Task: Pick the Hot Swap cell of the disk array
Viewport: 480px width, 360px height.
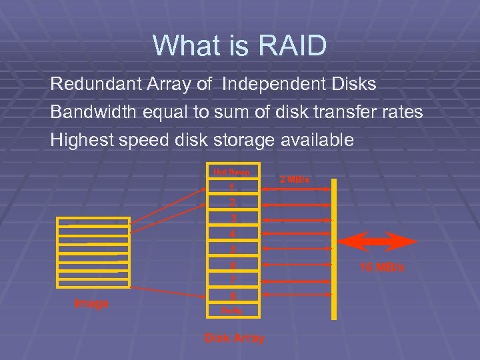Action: point(232,171)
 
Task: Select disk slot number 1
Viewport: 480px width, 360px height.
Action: point(232,187)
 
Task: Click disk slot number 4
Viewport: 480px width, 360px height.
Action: point(232,234)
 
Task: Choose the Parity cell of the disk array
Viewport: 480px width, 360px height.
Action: point(232,310)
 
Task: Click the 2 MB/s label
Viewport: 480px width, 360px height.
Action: point(294,179)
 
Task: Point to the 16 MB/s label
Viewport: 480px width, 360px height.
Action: point(382,267)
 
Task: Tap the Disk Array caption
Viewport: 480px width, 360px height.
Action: point(234,338)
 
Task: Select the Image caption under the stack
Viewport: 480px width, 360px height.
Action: point(91,303)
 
